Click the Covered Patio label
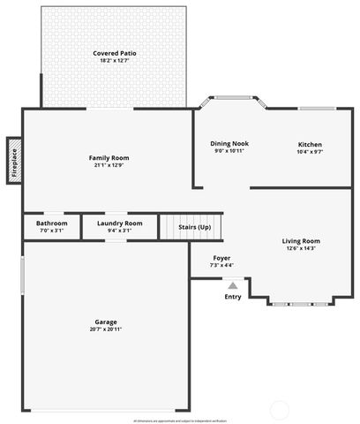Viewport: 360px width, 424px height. pyautogui.click(x=115, y=54)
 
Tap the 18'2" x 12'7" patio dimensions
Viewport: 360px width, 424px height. pyautogui.click(x=115, y=61)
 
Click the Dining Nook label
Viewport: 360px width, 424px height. pyautogui.click(x=229, y=144)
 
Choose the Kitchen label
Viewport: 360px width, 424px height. pyautogui.click(x=310, y=145)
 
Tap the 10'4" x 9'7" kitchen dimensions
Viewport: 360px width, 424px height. pyautogui.click(x=310, y=152)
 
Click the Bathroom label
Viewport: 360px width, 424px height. pyautogui.click(x=51, y=223)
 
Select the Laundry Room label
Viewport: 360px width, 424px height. pyautogui.click(x=119, y=223)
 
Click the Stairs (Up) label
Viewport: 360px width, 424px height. pyautogui.click(x=194, y=227)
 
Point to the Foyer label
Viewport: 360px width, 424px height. pyautogui.click(x=221, y=258)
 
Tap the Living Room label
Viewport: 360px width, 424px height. pyautogui.click(x=301, y=241)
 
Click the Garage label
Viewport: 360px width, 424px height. pyautogui.click(x=106, y=322)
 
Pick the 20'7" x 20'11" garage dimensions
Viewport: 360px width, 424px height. pyautogui.click(x=106, y=329)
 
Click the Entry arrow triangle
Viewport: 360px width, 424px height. pyautogui.click(x=233, y=285)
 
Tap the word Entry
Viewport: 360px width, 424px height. pyautogui.click(x=233, y=297)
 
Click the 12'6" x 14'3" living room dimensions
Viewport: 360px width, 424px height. pyautogui.click(x=301, y=248)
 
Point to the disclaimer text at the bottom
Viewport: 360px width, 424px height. pyautogui.click(x=179, y=420)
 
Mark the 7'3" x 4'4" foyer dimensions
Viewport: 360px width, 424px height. pyautogui.click(x=221, y=265)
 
